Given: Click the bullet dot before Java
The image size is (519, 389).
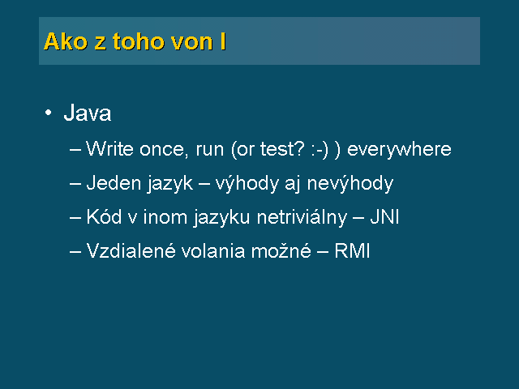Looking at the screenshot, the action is coord(49,113).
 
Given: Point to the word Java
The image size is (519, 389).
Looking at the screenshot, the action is coord(88,113).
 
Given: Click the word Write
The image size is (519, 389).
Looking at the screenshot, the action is coord(109,149).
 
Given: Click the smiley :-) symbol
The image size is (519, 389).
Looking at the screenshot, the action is coord(320,150).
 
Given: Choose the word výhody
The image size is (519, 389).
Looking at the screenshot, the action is coord(247,184).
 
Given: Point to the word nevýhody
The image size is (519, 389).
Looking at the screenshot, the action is coord(350,184).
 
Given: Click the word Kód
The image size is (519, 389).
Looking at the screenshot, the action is coord(104,217).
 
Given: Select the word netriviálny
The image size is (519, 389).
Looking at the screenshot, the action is coord(302,218).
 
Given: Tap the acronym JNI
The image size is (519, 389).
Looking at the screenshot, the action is coord(384,217).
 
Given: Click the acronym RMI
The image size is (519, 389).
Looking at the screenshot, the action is coord(352,250).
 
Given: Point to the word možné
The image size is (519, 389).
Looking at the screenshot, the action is coord(281,250).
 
